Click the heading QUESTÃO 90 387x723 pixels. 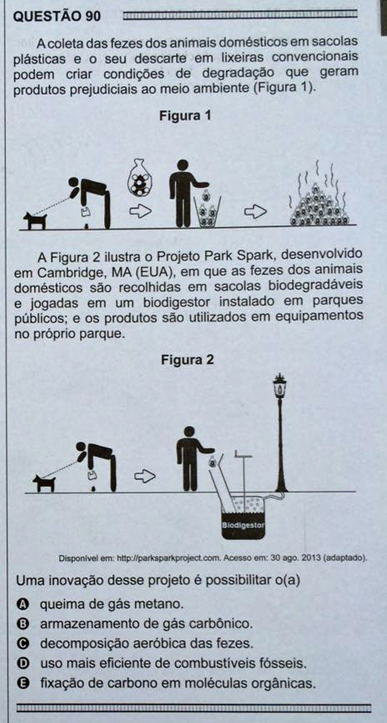[x=57, y=16]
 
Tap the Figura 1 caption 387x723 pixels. [x=185, y=116]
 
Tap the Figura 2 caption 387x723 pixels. [x=187, y=360]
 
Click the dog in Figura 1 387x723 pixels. [x=35, y=220]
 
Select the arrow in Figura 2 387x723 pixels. [x=145, y=477]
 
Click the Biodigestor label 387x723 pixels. [x=243, y=525]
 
